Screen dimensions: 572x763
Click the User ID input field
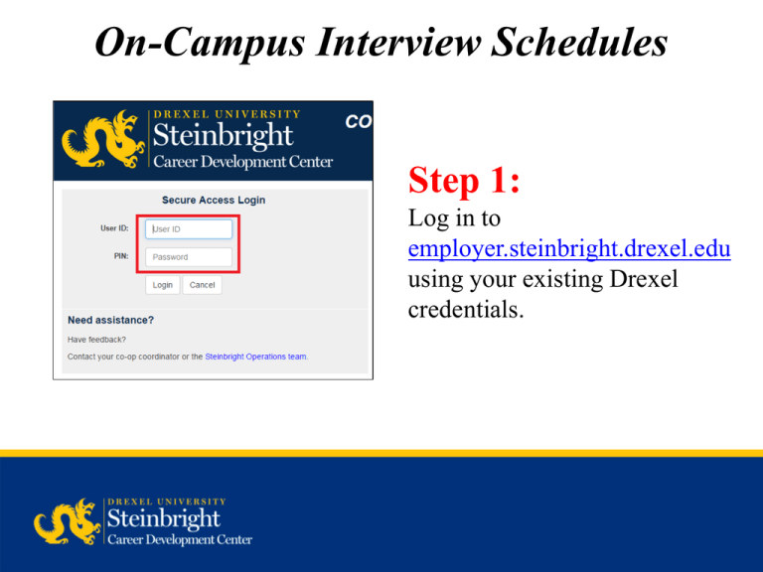[x=189, y=229]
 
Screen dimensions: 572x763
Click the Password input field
[x=189, y=257]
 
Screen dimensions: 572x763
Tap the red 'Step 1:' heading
[x=464, y=182]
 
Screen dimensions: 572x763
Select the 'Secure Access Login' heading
[x=214, y=200]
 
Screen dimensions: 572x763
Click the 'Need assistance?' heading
[x=110, y=320]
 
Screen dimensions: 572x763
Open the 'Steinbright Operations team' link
[x=255, y=356]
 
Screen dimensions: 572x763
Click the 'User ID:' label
[x=114, y=228]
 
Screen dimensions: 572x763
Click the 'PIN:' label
[x=121, y=256]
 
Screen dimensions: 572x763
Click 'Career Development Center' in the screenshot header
[x=242, y=162]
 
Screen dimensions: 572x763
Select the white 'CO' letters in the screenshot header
[x=358, y=121]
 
